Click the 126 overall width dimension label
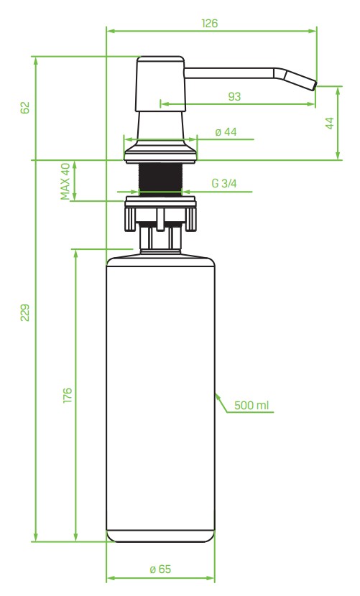point(211,23)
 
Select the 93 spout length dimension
point(234,96)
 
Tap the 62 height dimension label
point(25,108)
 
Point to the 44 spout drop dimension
point(330,123)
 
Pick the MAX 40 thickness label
point(65,180)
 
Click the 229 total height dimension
point(25,314)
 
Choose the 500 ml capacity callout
point(252,406)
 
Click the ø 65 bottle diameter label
point(160,568)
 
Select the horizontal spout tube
point(230,72)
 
